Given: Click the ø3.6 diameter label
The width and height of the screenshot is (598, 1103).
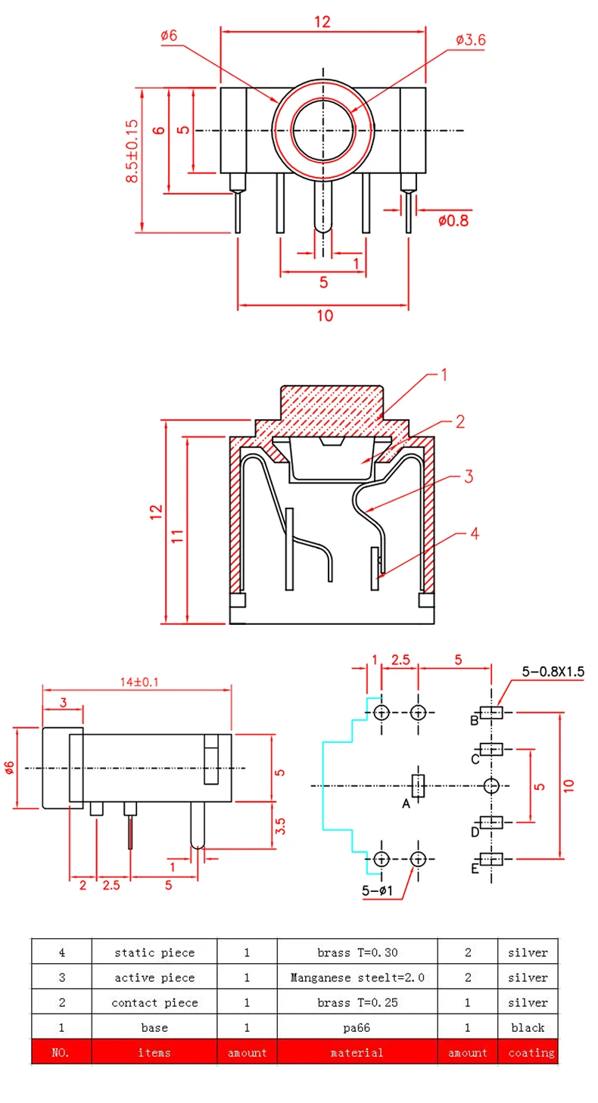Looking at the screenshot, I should click(x=470, y=40).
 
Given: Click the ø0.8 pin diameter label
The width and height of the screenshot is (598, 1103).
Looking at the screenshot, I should click(x=453, y=221).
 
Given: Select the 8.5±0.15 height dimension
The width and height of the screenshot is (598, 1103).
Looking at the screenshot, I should click(x=133, y=151).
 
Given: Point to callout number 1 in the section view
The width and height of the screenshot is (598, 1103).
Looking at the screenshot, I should click(x=445, y=374).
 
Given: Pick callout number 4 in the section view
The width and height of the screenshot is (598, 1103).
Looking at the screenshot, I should click(x=475, y=534).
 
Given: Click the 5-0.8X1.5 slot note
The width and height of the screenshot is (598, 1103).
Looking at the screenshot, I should click(x=553, y=671).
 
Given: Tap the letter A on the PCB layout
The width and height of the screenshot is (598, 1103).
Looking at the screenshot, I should click(x=406, y=803).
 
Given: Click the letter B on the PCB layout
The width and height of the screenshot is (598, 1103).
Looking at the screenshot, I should click(x=475, y=719).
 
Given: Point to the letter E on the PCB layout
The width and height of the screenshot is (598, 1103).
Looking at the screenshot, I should click(x=475, y=868).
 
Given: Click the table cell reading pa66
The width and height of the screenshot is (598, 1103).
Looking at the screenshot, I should click(x=357, y=1027).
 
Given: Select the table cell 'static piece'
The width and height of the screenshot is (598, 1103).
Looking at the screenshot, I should click(x=154, y=952).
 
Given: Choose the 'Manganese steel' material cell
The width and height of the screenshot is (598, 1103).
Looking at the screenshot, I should click(x=357, y=977).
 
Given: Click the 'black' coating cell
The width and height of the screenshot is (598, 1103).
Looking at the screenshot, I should click(x=528, y=1027).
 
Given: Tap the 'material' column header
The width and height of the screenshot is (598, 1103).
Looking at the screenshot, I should click(x=357, y=1052).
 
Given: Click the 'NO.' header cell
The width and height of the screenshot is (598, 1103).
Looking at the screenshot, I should click(x=61, y=1052).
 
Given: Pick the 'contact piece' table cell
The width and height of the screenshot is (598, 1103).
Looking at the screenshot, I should click(x=154, y=1002).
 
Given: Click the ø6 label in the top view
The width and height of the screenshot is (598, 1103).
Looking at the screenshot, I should click(x=168, y=36).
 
